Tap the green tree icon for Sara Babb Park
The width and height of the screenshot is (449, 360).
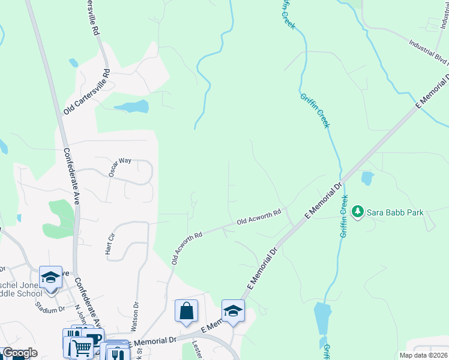pos(358,212)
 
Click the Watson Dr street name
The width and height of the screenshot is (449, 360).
pos(135,313)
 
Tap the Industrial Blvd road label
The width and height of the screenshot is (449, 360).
pos(429,50)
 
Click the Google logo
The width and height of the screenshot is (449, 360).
pos(19,353)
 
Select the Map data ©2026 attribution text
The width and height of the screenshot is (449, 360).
pos(423,355)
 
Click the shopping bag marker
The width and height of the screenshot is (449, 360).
pos(186,311)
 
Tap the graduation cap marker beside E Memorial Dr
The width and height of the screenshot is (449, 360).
pos(233,311)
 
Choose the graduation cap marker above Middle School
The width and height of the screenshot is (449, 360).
pos(50,277)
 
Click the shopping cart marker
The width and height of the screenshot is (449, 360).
pos(82,347)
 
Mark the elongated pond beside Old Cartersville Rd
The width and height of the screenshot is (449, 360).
pos(132,107)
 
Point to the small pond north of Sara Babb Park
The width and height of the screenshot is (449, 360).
pos(367,178)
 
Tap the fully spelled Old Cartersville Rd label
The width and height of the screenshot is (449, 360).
pos(88,92)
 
